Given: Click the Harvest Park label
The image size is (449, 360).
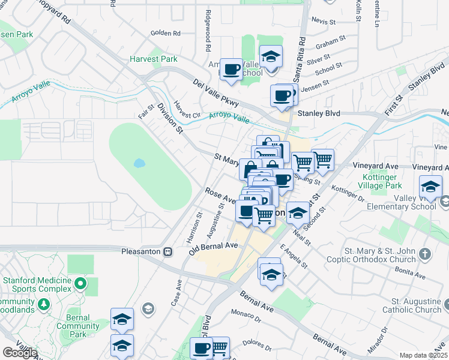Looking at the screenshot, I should pyautogui.click(x=153, y=59).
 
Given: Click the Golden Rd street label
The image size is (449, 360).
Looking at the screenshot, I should pyautogui.click(x=166, y=33).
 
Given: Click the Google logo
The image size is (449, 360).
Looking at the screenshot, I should pyautogui.click(x=20, y=353).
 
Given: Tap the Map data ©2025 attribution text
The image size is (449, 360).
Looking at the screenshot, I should pyautogui.click(x=424, y=355).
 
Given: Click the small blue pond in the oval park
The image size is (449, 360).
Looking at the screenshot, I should pyautogui.click(x=139, y=163).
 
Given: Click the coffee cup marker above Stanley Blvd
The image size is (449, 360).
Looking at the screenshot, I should pyautogui.click(x=282, y=96).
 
